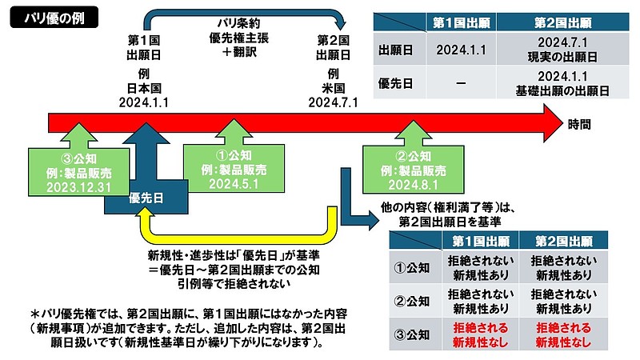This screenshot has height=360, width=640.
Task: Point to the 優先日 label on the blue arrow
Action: [146, 201]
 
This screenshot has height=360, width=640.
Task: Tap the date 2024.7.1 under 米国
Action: [333, 102]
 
